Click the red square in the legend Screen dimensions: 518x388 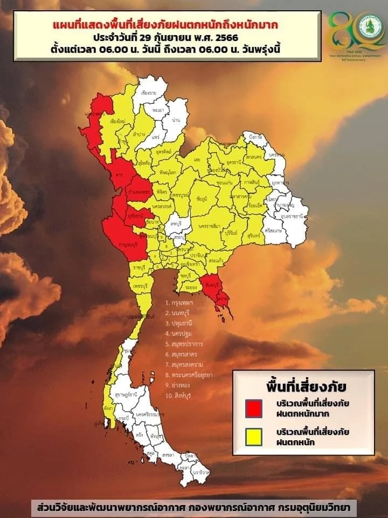[x=253, y=408]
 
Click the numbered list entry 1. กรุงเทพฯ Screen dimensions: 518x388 [x=180, y=303]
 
